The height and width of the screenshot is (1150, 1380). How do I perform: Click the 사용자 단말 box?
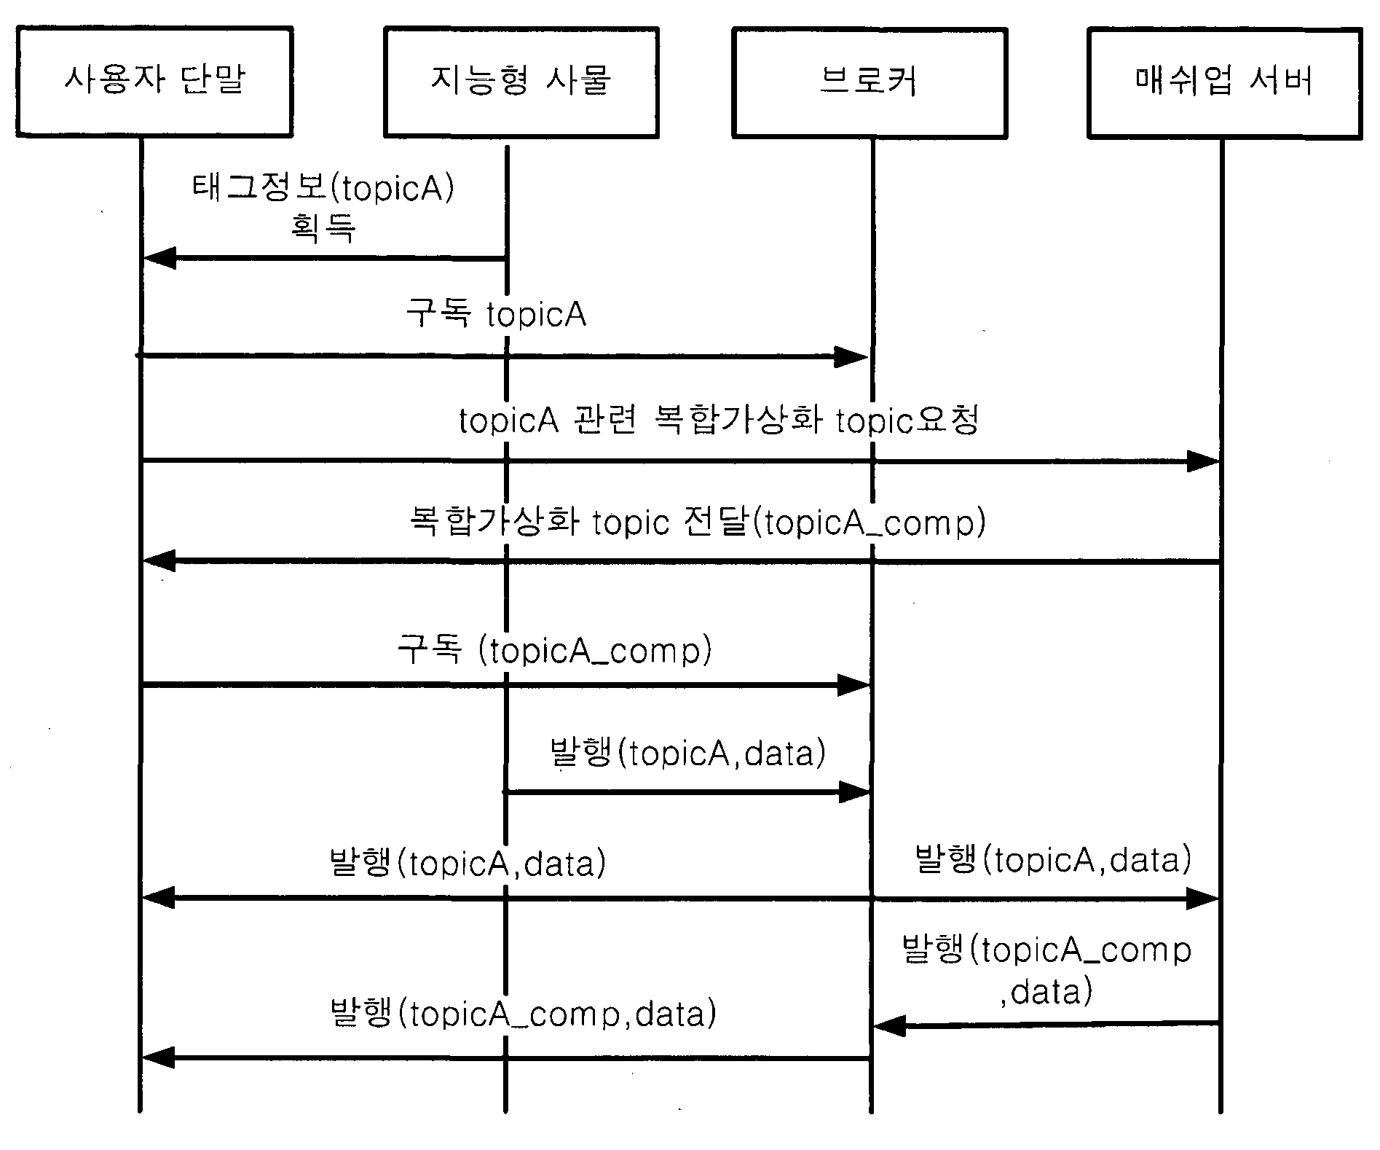pyautogui.click(x=154, y=82)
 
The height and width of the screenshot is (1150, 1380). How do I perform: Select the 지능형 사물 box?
pyautogui.click(x=521, y=82)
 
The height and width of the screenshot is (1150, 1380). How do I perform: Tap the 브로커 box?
pyautogui.click(x=870, y=82)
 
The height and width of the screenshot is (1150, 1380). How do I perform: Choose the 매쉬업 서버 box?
pyautogui.click(x=1225, y=82)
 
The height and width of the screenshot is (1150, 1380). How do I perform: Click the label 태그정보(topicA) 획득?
pyautogui.click(x=323, y=208)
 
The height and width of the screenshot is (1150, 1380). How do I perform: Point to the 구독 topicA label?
pyautogui.click(x=496, y=314)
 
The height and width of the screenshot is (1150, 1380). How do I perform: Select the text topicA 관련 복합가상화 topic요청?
pyautogui.click(x=719, y=421)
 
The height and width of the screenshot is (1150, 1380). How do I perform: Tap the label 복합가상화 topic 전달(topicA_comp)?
pyautogui.click(x=697, y=523)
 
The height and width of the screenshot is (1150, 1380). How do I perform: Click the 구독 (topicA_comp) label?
pyautogui.click(x=554, y=649)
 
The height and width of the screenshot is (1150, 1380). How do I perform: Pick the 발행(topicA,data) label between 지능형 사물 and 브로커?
pyautogui.click(x=688, y=752)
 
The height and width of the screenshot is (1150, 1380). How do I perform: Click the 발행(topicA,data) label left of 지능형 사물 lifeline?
pyautogui.click(x=468, y=863)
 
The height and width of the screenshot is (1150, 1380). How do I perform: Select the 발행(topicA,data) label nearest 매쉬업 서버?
pyautogui.click(x=1053, y=859)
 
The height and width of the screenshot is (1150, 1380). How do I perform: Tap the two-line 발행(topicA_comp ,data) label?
pyautogui.click(x=1047, y=970)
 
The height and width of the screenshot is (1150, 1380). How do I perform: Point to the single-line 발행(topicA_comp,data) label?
pyautogui.click(x=523, y=1014)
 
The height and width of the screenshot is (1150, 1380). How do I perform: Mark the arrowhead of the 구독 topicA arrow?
pyautogui.click(x=851, y=357)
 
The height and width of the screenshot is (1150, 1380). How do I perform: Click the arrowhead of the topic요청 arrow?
pyautogui.click(x=1203, y=461)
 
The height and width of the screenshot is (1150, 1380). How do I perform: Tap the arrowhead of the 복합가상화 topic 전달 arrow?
pyautogui.click(x=159, y=560)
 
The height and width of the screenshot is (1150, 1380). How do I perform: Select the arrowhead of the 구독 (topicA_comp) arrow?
pyautogui.click(x=853, y=685)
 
